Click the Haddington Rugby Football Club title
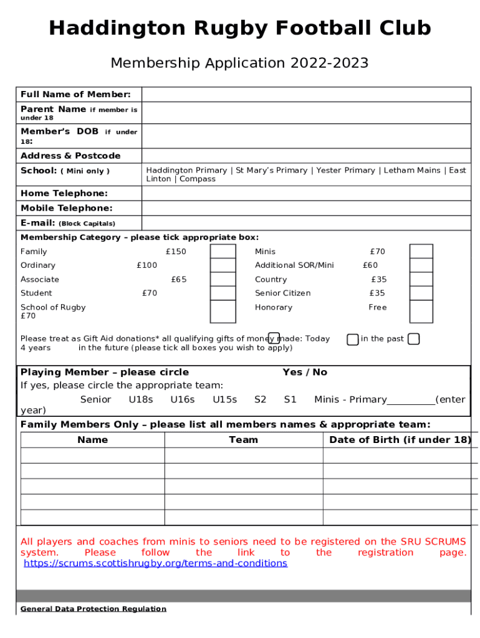pyautogui.click(x=239, y=29)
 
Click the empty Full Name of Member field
pyautogui.click(x=305, y=95)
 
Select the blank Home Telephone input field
pyautogui.click(x=305, y=194)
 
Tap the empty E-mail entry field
pyautogui.click(x=305, y=223)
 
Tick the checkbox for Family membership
pyautogui.click(x=223, y=251)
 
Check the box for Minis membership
pyautogui.click(x=421, y=251)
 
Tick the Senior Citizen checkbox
pyautogui.click(x=421, y=293)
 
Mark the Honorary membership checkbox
pyautogui.click(x=421, y=312)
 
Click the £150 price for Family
pyautogui.click(x=176, y=252)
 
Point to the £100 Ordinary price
pyautogui.click(x=147, y=265)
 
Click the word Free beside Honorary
pyautogui.click(x=377, y=307)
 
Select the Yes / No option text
pyautogui.click(x=304, y=372)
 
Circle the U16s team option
pyautogui.click(x=183, y=399)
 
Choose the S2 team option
pyautogui.click(x=260, y=399)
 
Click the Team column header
pyautogui.click(x=243, y=440)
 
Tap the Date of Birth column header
pyautogui.click(x=400, y=440)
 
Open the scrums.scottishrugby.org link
pyautogui.click(x=155, y=563)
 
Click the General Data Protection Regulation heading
pyautogui.click(x=94, y=609)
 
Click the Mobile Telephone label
pyautogui.click(x=67, y=208)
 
